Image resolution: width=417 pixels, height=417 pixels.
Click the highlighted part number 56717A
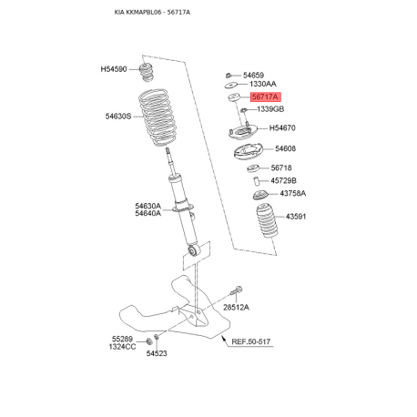click(266, 97)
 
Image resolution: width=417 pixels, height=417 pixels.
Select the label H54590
click(114, 69)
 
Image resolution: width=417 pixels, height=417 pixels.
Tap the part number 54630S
click(118, 117)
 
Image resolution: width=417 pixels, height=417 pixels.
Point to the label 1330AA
click(263, 84)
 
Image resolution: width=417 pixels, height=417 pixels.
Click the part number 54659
click(253, 75)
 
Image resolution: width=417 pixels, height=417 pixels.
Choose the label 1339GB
click(270, 109)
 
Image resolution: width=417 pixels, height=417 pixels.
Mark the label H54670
click(282, 128)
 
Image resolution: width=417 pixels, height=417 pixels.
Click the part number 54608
click(285, 148)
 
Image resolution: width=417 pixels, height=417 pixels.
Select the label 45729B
click(283, 181)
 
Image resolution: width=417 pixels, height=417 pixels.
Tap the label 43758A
click(293, 193)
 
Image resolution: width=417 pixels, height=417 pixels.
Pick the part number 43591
click(296, 217)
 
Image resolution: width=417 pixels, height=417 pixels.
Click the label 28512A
click(236, 308)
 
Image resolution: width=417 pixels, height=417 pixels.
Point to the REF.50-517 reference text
click(251, 341)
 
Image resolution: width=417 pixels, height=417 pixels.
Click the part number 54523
click(157, 353)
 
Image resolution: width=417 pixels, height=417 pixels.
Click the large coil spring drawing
click(157, 117)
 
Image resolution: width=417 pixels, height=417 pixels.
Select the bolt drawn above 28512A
click(236, 290)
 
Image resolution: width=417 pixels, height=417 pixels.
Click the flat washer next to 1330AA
click(231, 85)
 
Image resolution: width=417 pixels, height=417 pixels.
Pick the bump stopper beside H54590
click(147, 72)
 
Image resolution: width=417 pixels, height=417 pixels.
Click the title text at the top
click(152, 13)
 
